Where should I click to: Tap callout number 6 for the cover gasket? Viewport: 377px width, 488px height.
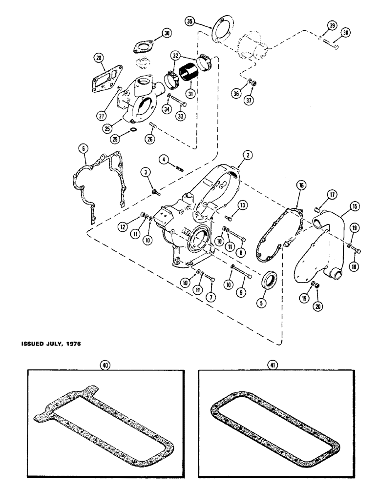tap(84, 146)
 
